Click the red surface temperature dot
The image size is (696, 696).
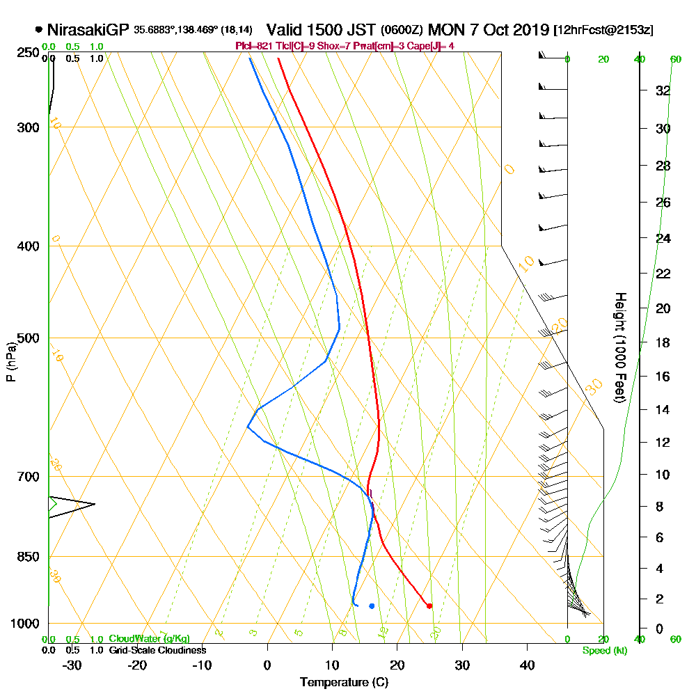pos(429,606)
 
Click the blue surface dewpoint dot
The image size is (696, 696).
pos(372,606)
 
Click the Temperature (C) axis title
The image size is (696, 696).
pos(343,682)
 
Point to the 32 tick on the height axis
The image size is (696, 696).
pos(663,90)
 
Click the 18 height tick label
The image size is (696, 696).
pos(663,342)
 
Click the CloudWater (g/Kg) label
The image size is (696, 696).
pos(149,639)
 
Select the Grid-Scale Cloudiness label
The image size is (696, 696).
pos(157,650)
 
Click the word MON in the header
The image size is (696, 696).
pos(444,30)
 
